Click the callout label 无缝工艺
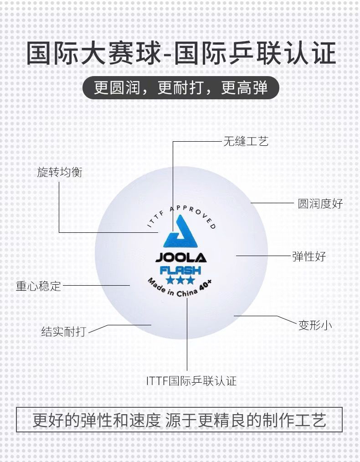tap(246, 141)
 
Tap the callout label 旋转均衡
tap(60, 172)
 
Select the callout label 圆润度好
tap(320, 203)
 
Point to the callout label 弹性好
tap(309, 256)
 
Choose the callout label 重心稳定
tap(38, 286)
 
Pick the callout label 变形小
tap(315, 325)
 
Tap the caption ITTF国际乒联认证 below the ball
tap(191, 381)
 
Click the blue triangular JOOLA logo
tap(181, 232)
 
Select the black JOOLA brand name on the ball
tap(181, 258)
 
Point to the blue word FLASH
tap(180, 270)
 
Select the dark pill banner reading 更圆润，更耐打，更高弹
tap(180, 87)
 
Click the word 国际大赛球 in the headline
tap(93, 54)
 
